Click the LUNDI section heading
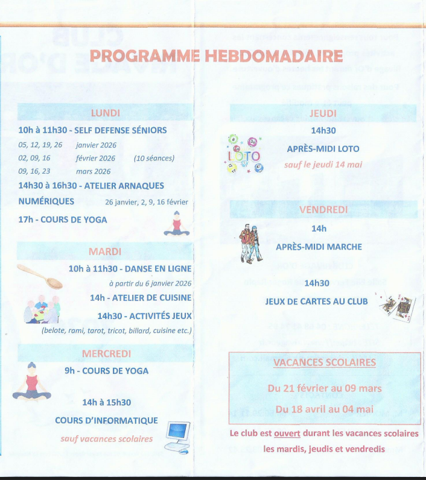[x=106, y=113]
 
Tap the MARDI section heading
[x=106, y=251]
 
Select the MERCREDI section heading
[x=106, y=353]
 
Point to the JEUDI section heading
[x=323, y=113]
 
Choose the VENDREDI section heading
[x=323, y=210]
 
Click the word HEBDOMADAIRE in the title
[x=274, y=56]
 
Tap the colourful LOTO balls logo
[x=244, y=154]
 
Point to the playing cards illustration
[x=398, y=306]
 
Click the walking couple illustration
[x=250, y=243]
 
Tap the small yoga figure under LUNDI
[x=176, y=224]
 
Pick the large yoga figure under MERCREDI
[x=32, y=384]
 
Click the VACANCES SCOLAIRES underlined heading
[x=324, y=362]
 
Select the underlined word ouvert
[x=287, y=434]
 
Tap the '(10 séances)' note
[x=154, y=159]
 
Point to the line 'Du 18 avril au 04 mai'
[x=324, y=409]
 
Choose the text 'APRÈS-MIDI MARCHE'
[x=319, y=247]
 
